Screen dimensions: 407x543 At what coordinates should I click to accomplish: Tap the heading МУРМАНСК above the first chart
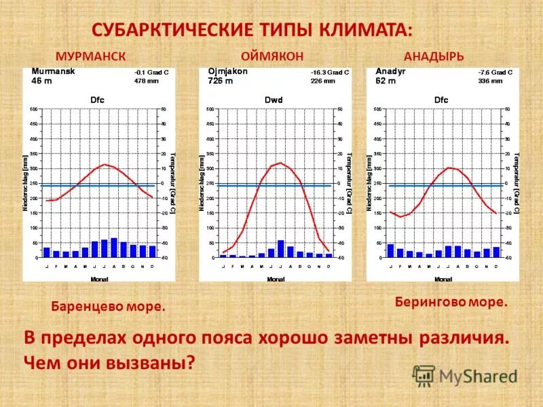click(x=92, y=56)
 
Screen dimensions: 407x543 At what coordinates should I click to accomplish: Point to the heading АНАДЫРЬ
click(x=434, y=56)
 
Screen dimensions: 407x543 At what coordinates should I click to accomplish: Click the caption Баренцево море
click(x=109, y=307)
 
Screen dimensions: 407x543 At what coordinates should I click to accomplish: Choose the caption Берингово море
click(x=451, y=302)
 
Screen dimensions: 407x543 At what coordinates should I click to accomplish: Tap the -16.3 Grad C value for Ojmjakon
click(x=330, y=71)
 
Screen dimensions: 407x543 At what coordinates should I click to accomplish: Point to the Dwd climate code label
click(x=274, y=100)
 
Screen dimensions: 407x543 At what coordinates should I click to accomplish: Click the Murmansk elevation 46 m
click(x=41, y=79)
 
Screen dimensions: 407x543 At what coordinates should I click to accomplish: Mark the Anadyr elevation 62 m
click(x=386, y=79)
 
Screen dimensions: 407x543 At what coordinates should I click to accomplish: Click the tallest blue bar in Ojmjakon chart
click(x=281, y=248)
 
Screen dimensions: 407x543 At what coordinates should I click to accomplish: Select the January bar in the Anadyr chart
click(x=391, y=250)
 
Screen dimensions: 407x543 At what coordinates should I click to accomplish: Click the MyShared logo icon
click(x=424, y=375)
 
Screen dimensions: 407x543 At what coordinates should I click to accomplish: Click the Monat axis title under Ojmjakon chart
click(x=276, y=279)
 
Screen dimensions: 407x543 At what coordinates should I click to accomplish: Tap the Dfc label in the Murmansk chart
click(x=98, y=100)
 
